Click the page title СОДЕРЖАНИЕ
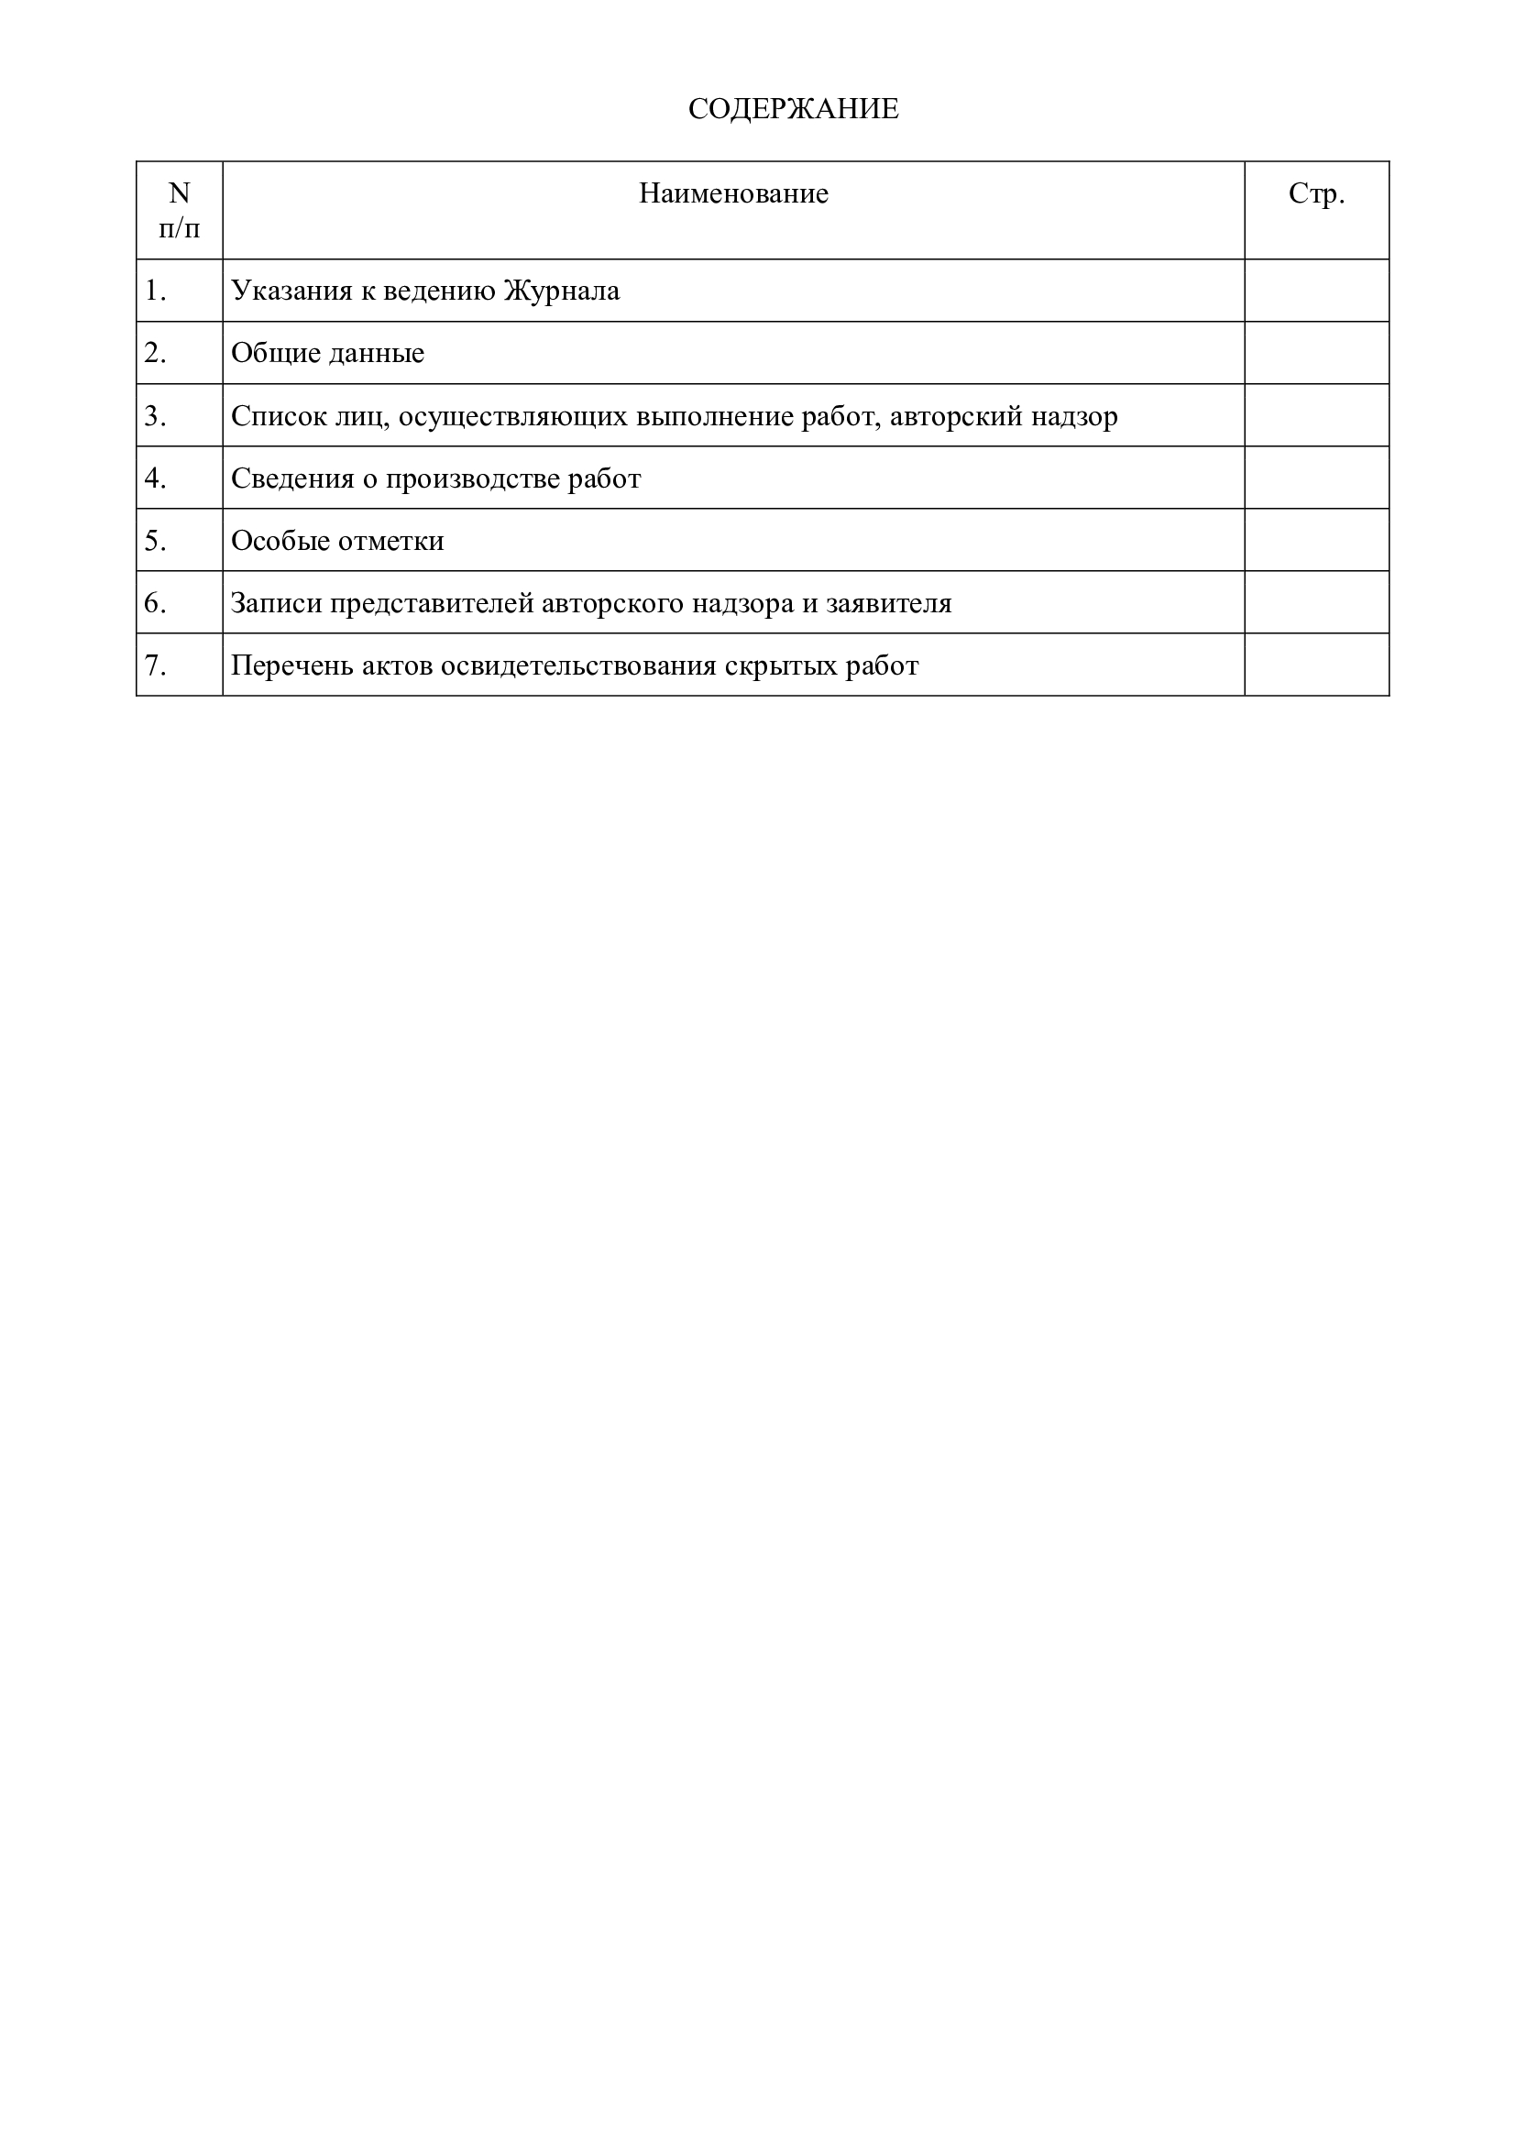click(x=793, y=109)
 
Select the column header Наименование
click(x=733, y=193)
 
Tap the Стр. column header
click(x=1315, y=193)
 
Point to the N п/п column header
click(x=180, y=210)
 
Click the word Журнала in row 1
click(x=561, y=291)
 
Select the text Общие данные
click(x=326, y=353)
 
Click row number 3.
click(x=155, y=415)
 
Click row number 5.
click(x=155, y=541)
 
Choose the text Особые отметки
click(x=337, y=541)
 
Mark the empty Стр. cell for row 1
click(x=1315, y=291)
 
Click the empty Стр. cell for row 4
click(x=1315, y=478)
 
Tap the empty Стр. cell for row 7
click(x=1315, y=665)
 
